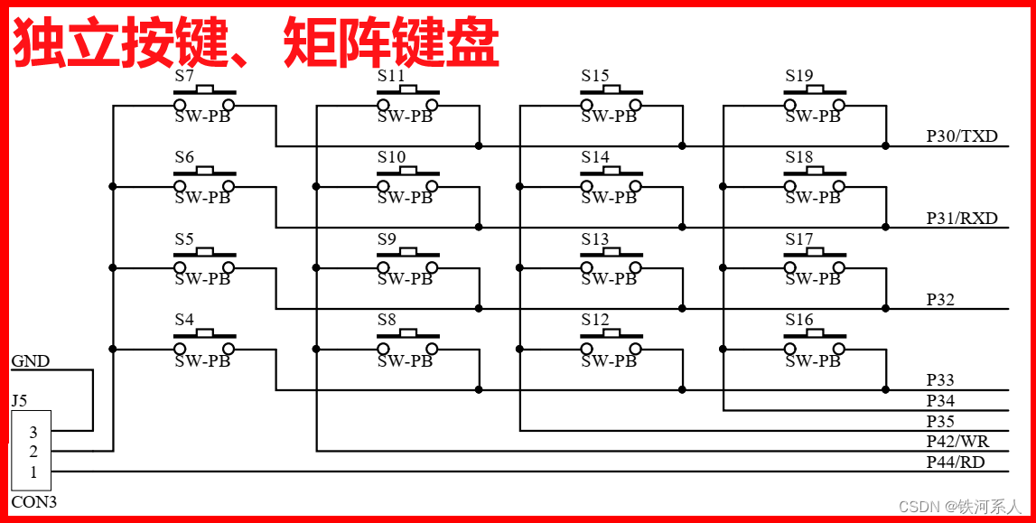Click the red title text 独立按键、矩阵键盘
(256, 44)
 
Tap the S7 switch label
(184, 76)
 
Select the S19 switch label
(798, 76)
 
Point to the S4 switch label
(184, 320)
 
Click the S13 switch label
(594, 239)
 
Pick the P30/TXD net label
(962, 136)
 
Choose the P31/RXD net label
(962, 218)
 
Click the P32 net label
(940, 299)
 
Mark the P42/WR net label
(957, 441)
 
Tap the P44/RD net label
(956, 462)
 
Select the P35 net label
(940, 421)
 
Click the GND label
(30, 361)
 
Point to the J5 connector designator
(19, 400)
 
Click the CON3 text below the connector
(33, 502)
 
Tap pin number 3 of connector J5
(33, 433)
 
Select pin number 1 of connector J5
(33, 472)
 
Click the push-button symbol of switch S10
(407, 181)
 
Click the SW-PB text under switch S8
(406, 361)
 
